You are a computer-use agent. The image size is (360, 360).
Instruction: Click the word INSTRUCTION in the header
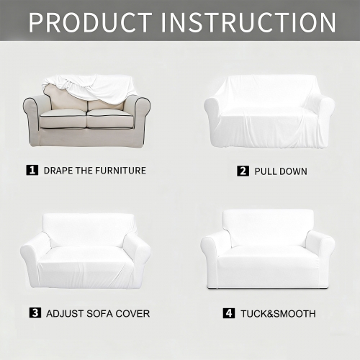pyautogui.click(x=249, y=22)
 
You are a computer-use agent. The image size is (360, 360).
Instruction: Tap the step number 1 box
pyautogui.click(x=32, y=171)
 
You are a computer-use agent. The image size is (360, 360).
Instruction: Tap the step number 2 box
pyautogui.click(x=243, y=171)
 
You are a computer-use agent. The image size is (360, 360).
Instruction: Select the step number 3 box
pyautogui.click(x=35, y=313)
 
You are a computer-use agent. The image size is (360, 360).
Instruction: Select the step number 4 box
pyautogui.click(x=228, y=313)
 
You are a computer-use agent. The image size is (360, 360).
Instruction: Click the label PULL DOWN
pyautogui.click(x=281, y=171)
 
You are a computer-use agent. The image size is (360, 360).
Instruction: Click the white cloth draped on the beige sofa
pyautogui.click(x=90, y=89)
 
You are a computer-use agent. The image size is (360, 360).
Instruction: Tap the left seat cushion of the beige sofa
pyautogui.click(x=63, y=118)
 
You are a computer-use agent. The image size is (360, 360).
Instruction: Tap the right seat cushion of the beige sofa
pyautogui.click(x=110, y=118)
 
